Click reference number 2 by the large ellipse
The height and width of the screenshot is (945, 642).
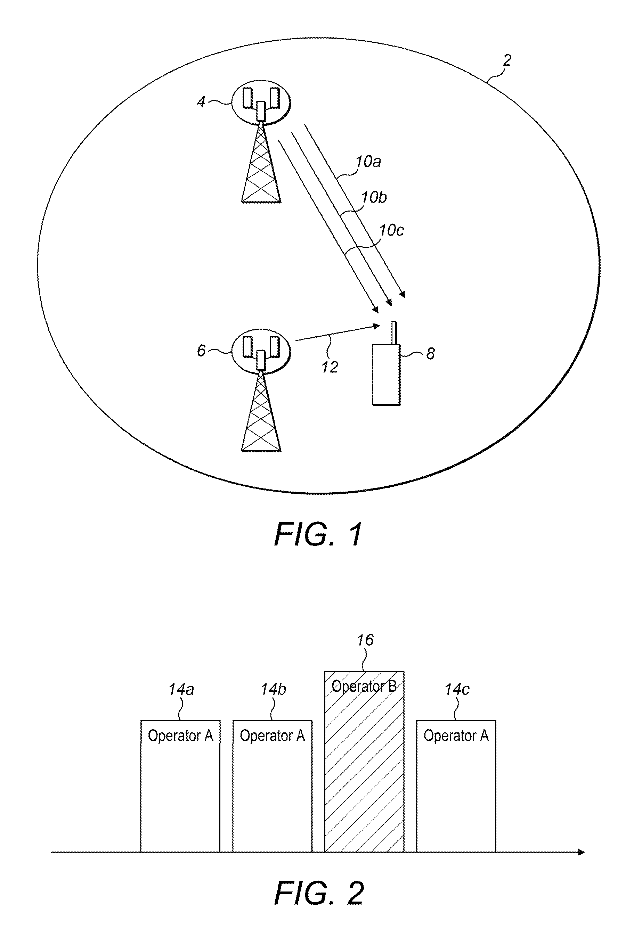coord(506,60)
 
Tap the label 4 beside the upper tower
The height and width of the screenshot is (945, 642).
coord(201,102)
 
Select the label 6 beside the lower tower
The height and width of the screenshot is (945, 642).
coord(201,351)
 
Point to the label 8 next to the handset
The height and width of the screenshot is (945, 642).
coord(430,354)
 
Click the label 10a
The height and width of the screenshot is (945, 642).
coord(368,162)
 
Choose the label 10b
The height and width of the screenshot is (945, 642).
coord(374,197)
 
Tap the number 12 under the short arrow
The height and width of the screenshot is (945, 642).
coord(330,367)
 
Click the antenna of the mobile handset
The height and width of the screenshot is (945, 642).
coord(393,334)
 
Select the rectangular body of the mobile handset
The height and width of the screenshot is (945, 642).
coord(386,375)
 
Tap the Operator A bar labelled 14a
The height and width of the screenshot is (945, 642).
coord(180,786)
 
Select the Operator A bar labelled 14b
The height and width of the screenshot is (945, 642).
coord(272,786)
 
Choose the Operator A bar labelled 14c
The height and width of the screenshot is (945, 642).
coord(456,786)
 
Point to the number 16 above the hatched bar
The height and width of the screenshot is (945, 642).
coord(365,640)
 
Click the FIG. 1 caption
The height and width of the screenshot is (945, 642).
coord(318,534)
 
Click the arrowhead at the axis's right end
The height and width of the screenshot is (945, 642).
coord(581,852)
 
